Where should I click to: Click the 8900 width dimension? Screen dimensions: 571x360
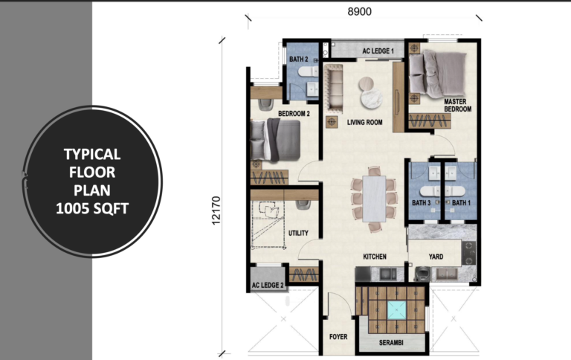point(359,12)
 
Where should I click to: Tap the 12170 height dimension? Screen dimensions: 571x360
point(216,210)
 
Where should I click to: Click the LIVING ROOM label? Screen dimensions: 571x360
point(364,123)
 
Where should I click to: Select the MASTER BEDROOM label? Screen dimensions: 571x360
point(457,106)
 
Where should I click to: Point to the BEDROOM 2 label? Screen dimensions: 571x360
point(294,114)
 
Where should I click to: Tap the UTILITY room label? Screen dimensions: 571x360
point(298,233)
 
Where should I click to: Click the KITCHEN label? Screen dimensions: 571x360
point(375,257)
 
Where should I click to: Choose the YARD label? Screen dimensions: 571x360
point(436,257)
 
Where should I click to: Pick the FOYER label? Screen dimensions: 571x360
point(338,337)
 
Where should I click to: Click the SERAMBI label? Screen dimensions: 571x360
point(391,342)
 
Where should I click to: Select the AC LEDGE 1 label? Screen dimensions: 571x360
point(378,51)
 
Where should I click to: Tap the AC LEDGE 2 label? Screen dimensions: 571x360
point(268,285)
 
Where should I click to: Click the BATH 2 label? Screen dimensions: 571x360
point(299,59)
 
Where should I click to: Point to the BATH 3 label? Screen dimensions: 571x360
point(422,202)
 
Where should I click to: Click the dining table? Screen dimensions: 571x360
point(375,199)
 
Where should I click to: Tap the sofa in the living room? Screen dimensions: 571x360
point(334,88)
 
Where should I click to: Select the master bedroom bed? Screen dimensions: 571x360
point(438,74)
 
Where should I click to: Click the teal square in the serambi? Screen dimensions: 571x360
point(396,310)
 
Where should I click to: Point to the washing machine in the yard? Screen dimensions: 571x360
point(423,274)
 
